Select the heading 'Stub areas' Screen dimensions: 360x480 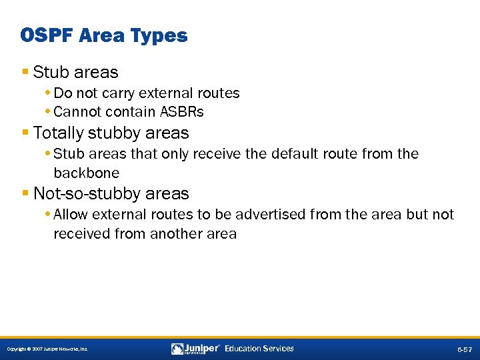tap(75, 72)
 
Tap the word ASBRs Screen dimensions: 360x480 tap(181, 111)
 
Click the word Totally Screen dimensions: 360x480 tap(58, 133)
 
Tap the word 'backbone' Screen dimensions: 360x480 tap(87, 173)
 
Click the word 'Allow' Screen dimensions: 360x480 tap(71, 215)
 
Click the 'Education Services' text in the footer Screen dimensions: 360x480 tap(259, 349)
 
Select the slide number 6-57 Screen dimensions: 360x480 tap(464, 349)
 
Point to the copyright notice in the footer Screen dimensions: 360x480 tap(47, 349)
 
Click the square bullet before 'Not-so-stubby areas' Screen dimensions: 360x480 tap(25, 193)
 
